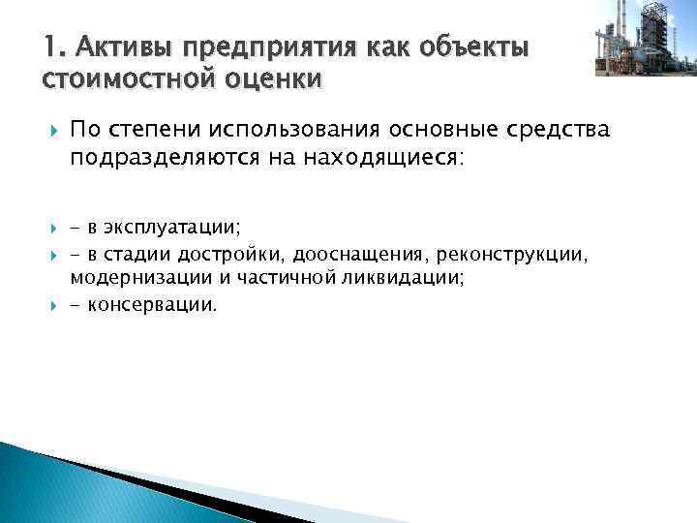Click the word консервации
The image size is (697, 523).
pos(155,305)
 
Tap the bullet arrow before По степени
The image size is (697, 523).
pos(49,131)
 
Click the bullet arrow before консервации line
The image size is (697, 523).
pos(49,305)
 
